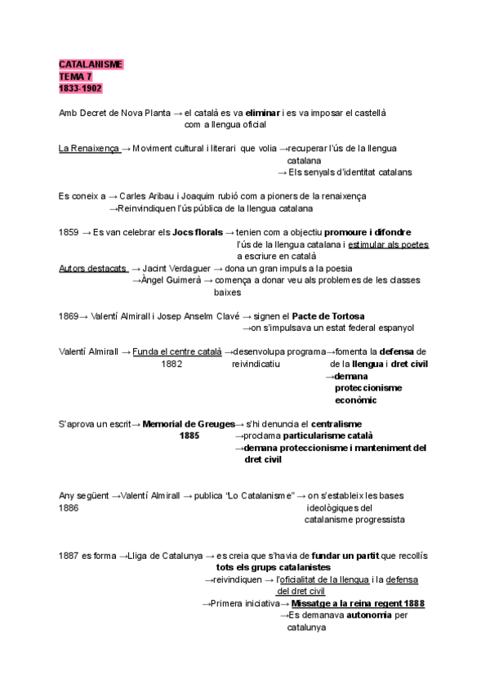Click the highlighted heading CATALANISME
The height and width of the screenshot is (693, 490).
pyautogui.click(x=91, y=64)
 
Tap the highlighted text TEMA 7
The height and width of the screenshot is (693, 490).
pyautogui.click(x=76, y=76)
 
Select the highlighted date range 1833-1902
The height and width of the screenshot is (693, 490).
pyautogui.click(x=80, y=88)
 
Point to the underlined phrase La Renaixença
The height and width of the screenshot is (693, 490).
pyautogui.click(x=89, y=149)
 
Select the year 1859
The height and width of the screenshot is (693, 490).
pyautogui.click(x=69, y=232)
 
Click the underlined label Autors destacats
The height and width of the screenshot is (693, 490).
pyautogui.click(x=92, y=268)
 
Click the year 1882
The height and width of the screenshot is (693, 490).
pyautogui.click(x=171, y=364)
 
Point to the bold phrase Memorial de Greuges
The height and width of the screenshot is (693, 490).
pyautogui.click(x=188, y=424)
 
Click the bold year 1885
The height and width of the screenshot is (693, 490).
pyautogui.click(x=189, y=436)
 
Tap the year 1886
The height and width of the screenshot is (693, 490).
pyautogui.click(x=69, y=508)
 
